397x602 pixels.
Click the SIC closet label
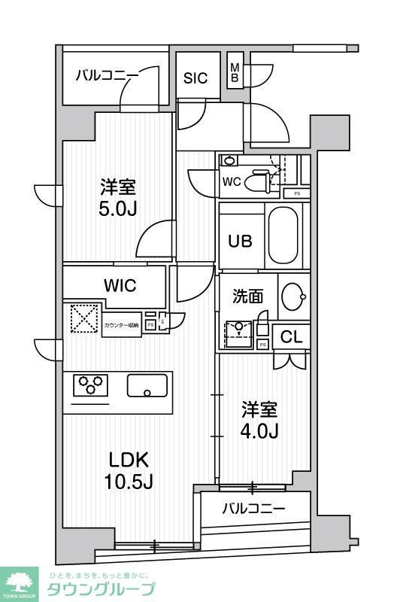(x=196, y=77)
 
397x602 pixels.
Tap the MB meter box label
(x=234, y=72)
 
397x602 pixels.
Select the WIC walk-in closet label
(x=119, y=286)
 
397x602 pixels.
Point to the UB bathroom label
(x=241, y=241)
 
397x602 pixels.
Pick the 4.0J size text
(x=259, y=431)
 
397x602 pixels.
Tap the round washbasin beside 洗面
(x=293, y=298)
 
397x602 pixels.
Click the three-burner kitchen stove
(x=89, y=386)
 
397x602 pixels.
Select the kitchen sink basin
(x=147, y=386)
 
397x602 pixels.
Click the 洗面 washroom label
(x=247, y=296)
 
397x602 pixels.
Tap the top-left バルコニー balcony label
(x=107, y=76)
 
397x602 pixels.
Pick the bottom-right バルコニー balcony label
(x=253, y=509)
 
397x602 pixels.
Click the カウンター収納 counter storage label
(x=121, y=324)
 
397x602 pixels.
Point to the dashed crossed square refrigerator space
(x=85, y=318)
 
